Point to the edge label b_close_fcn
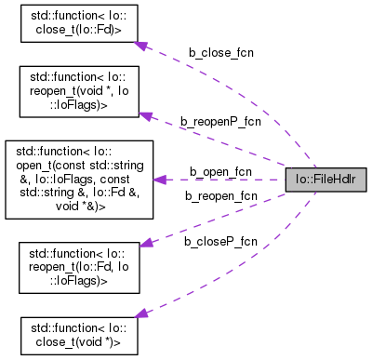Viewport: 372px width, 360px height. coord(221,53)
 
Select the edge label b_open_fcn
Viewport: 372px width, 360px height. coord(220,171)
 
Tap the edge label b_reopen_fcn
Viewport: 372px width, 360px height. coord(220,195)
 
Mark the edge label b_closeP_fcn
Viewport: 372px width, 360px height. coord(220,241)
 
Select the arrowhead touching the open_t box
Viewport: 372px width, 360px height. coord(159,179)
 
